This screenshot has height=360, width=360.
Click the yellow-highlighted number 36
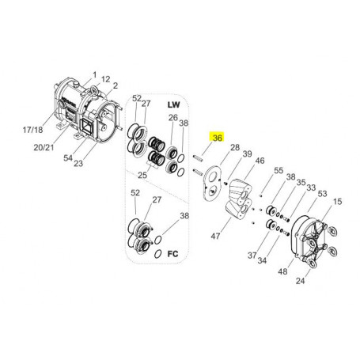click(x=218, y=138)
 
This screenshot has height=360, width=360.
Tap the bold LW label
click(x=173, y=104)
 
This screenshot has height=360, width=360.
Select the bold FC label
click(x=173, y=254)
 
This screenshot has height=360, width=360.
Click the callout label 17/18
click(x=32, y=130)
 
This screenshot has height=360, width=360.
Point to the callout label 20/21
click(x=44, y=147)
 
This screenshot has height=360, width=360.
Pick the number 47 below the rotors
click(x=215, y=236)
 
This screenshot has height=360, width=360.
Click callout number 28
click(x=235, y=147)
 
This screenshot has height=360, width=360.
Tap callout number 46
click(x=260, y=161)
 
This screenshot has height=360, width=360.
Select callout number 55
click(x=279, y=170)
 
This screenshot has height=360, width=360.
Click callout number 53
click(x=322, y=194)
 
